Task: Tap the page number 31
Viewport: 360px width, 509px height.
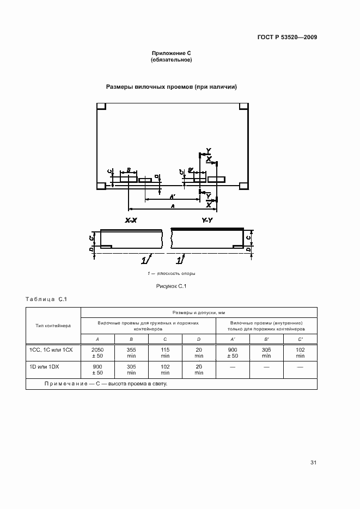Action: (x=313, y=463)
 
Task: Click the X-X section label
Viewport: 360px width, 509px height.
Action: (x=131, y=220)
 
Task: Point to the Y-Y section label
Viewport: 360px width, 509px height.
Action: (x=208, y=220)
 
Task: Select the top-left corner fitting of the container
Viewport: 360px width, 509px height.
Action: (x=101, y=106)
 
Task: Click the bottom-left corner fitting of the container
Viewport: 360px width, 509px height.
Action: (x=101, y=186)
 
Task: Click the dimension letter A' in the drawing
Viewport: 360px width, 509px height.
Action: (x=172, y=195)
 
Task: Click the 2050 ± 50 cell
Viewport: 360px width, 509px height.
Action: (x=99, y=352)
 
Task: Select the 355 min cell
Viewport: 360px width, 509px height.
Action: (x=131, y=352)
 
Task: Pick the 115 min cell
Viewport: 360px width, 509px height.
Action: (x=165, y=352)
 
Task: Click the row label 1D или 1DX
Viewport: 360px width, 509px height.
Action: (x=45, y=367)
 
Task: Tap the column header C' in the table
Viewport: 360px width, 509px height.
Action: (x=300, y=339)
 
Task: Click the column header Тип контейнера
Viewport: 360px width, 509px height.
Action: (x=53, y=326)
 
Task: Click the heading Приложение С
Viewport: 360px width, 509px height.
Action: (x=171, y=53)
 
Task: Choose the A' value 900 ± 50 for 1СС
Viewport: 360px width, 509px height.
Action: (x=233, y=352)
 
